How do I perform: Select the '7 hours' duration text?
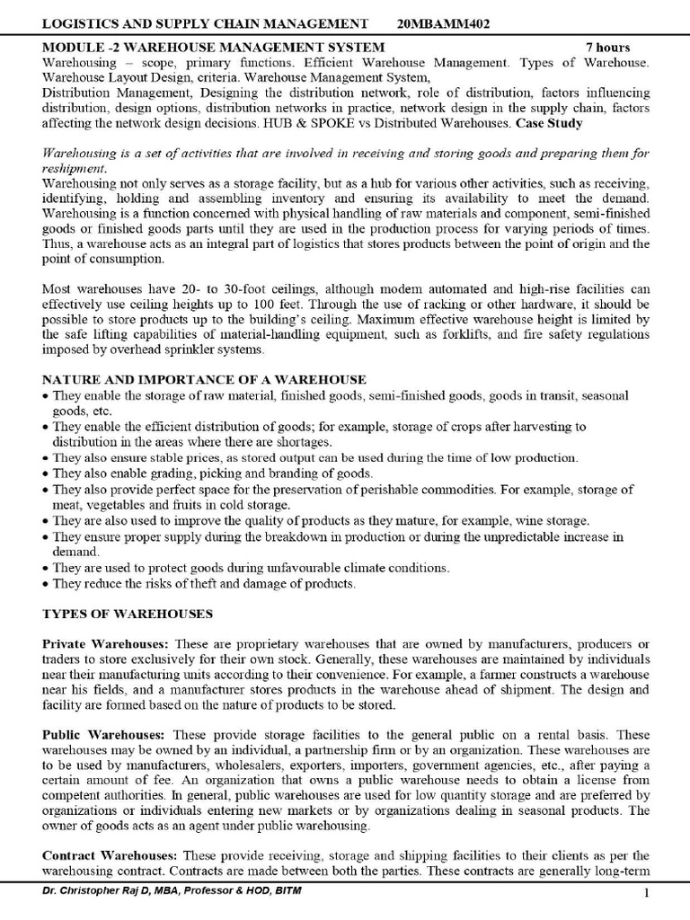pos(608,48)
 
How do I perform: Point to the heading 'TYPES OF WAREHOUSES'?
pos(128,614)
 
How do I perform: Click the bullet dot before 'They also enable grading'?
pos(46,473)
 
